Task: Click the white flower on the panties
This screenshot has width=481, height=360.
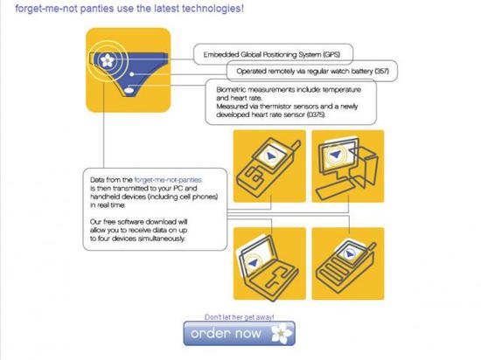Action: click(x=108, y=60)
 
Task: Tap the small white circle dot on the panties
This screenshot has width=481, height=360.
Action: click(x=131, y=74)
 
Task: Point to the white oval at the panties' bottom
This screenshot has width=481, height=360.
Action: click(x=129, y=90)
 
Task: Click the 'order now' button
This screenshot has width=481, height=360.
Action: click(x=240, y=333)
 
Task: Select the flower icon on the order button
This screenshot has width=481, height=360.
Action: click(x=282, y=333)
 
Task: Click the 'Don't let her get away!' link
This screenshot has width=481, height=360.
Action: click(x=240, y=317)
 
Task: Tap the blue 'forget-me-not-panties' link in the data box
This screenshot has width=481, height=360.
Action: click(x=168, y=180)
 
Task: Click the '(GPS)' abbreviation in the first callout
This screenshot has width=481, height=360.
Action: click(x=331, y=54)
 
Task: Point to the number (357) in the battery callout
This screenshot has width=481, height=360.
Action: click(x=382, y=71)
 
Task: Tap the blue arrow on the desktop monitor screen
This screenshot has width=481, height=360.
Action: click(x=335, y=154)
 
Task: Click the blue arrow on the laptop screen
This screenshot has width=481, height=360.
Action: click(x=253, y=262)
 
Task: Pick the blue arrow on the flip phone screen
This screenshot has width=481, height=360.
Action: click(x=271, y=156)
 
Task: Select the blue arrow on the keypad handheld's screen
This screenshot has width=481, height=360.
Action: click(x=348, y=254)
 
